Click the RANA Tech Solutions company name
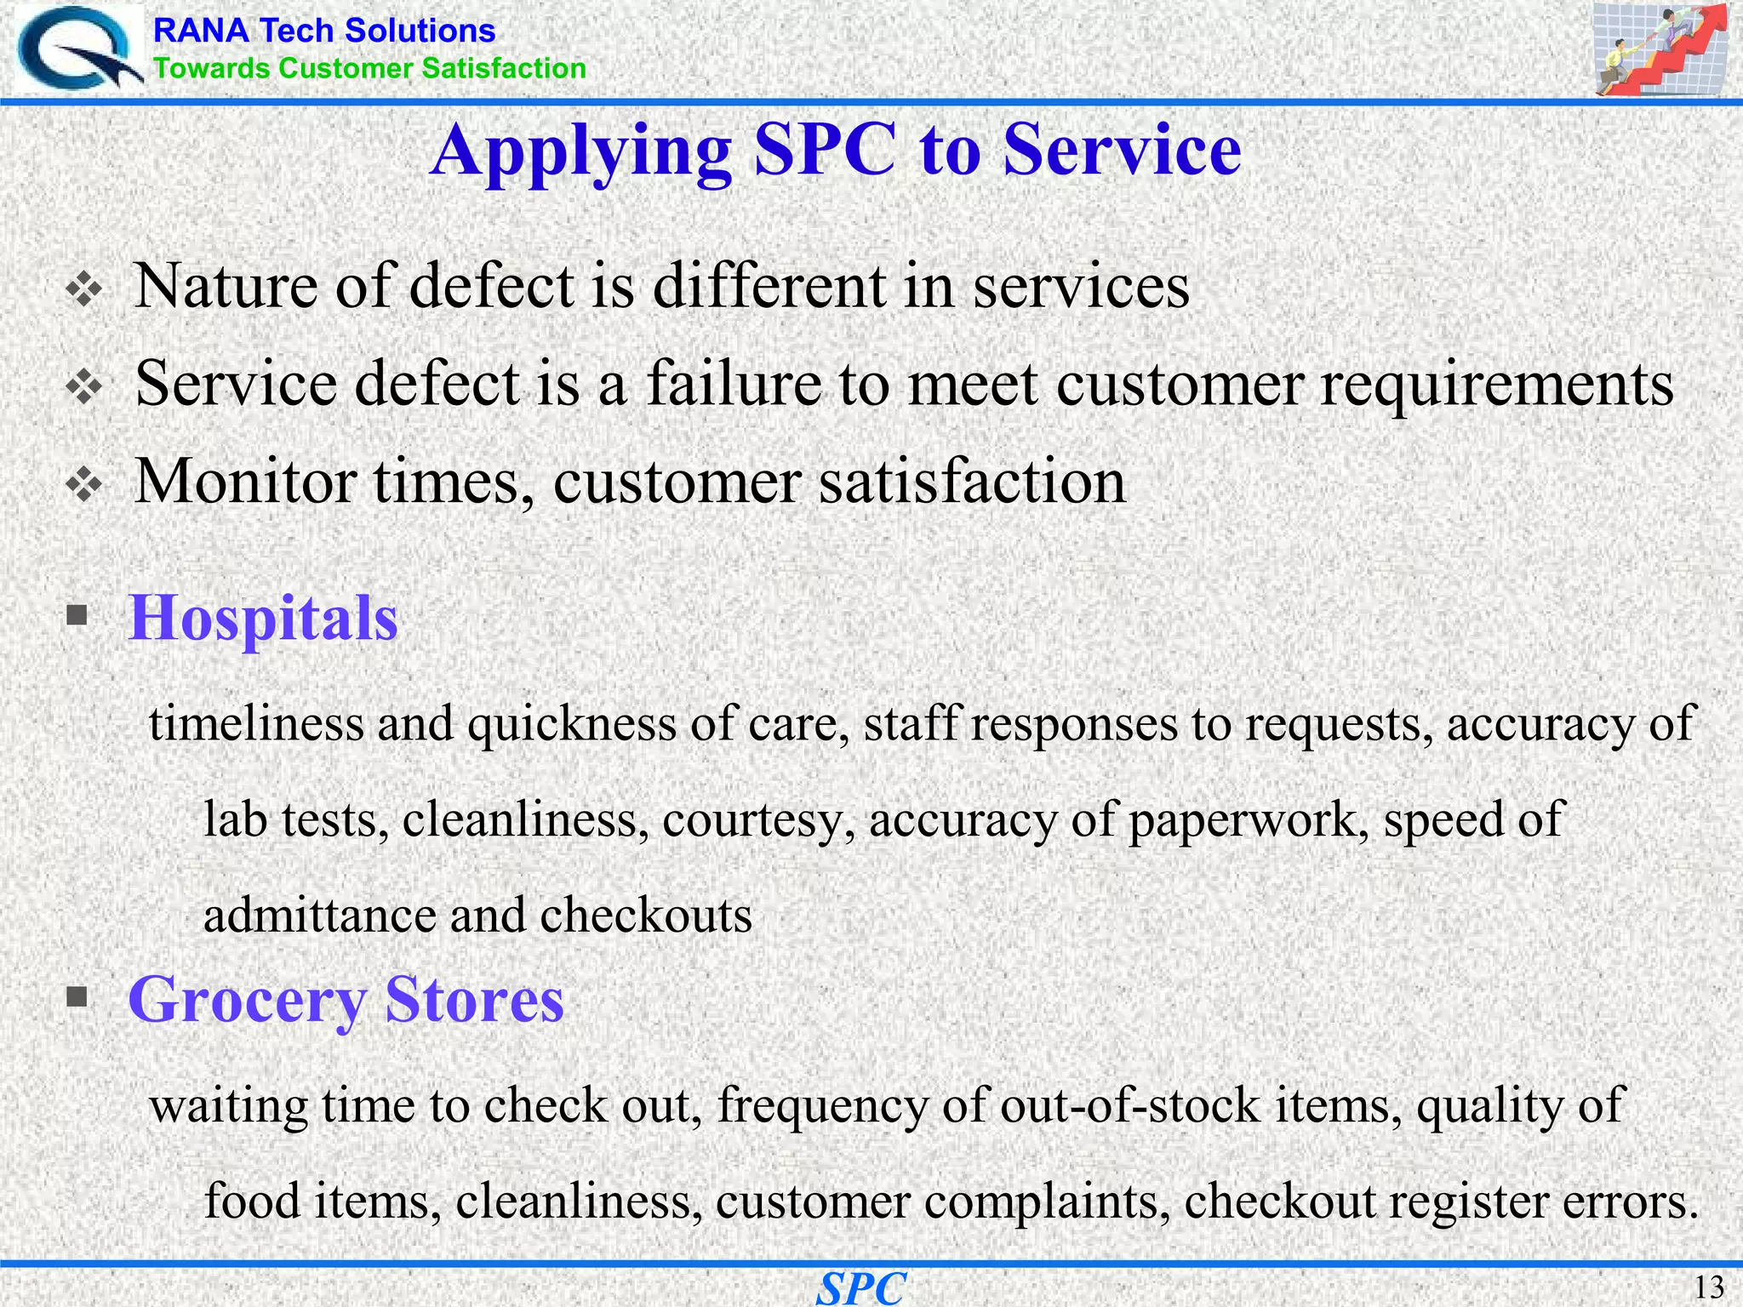click(323, 31)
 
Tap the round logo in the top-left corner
click(77, 49)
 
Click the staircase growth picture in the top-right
click(1659, 49)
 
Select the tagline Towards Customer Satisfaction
click(369, 69)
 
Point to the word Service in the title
click(1122, 150)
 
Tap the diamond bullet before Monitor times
click(84, 486)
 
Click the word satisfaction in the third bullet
click(972, 482)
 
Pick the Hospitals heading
click(263, 618)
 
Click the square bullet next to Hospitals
click(77, 614)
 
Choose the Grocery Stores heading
click(346, 999)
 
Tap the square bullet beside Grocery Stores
click(77, 996)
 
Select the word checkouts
click(646, 916)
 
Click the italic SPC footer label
click(861, 1288)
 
